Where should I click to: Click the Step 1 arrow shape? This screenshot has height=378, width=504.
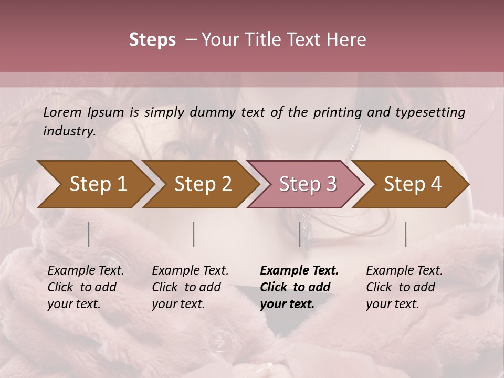pos(94,184)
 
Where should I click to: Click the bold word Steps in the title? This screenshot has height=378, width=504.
pos(152,40)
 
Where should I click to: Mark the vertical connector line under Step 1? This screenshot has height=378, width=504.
pos(88,234)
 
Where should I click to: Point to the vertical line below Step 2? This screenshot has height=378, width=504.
pos(194,234)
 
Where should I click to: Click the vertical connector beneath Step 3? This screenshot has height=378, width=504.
pos(300,234)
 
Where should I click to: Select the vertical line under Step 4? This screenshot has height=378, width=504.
pos(406,234)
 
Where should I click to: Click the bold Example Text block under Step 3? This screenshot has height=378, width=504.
pos(299,287)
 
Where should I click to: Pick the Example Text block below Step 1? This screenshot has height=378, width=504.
pos(86,287)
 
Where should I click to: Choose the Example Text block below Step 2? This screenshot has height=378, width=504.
pos(190,287)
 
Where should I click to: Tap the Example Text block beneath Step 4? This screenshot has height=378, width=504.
pos(404,287)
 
